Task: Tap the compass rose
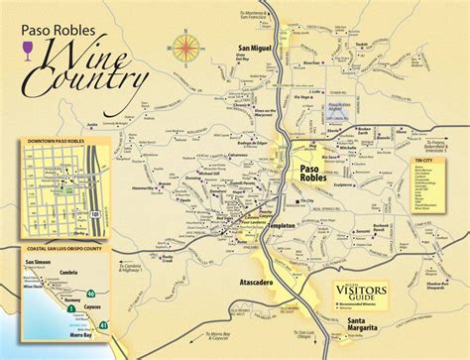pos(184,46)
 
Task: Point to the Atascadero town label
pos(259,280)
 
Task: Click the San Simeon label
pos(36,262)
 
